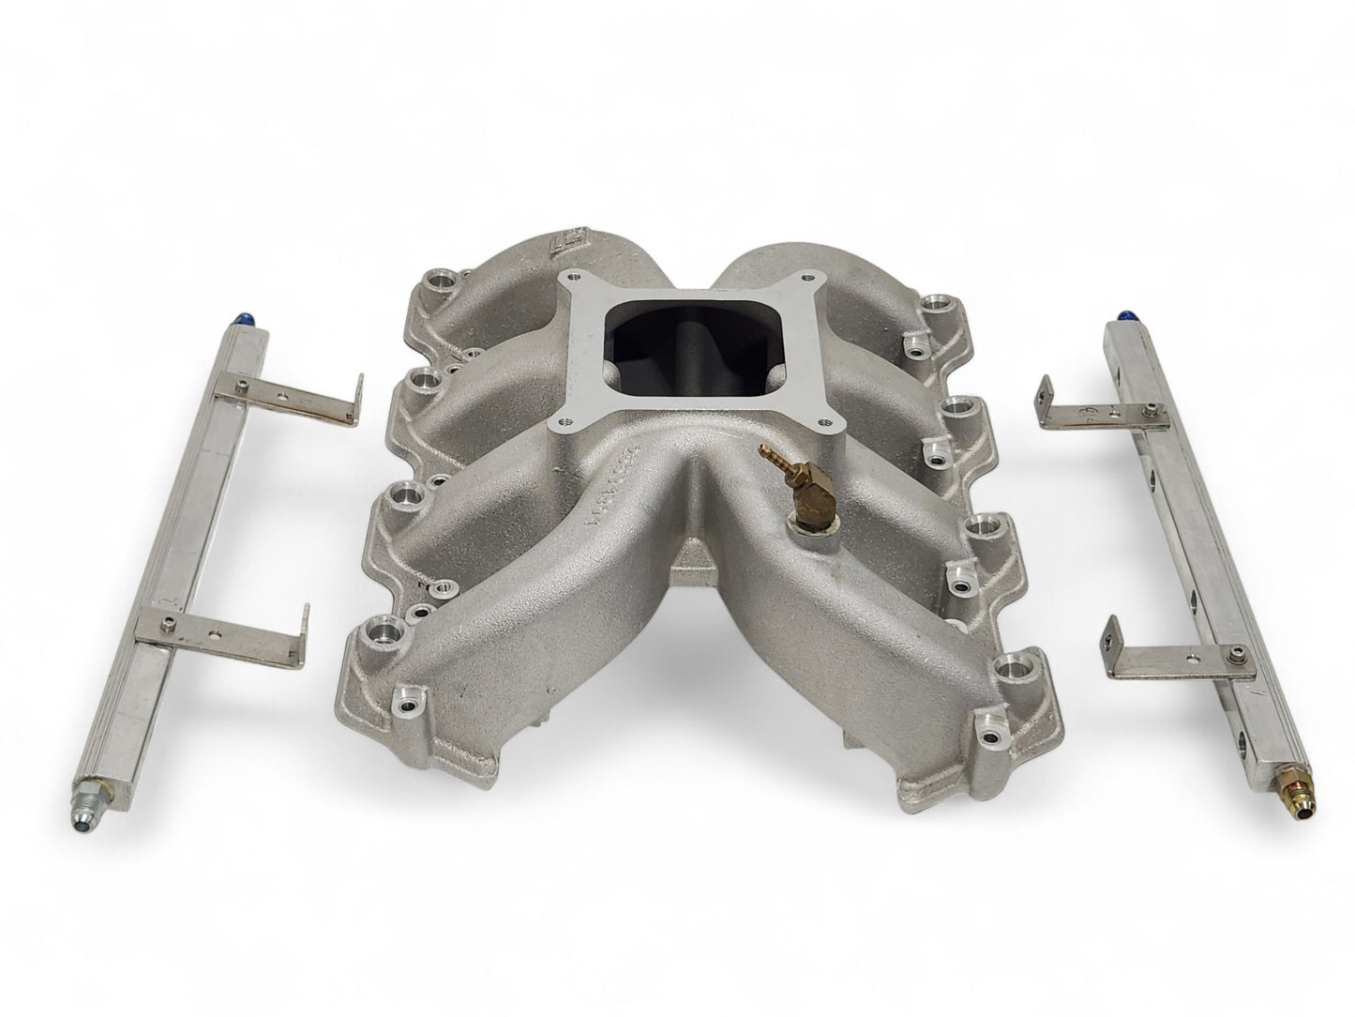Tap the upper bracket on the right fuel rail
tap(1097, 402)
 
